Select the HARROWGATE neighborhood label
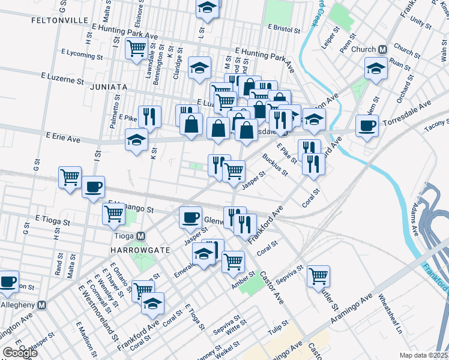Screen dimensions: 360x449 click(x=136, y=249)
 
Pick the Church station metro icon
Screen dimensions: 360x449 click(x=382, y=49)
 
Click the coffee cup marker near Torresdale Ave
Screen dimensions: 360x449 click(x=367, y=126)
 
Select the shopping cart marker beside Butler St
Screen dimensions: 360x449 click(x=318, y=276)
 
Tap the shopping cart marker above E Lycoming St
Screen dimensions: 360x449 click(x=136, y=47)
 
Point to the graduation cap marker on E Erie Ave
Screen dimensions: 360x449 click(x=136, y=140)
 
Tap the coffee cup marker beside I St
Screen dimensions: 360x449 click(x=92, y=187)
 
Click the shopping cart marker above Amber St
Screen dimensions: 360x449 click(x=233, y=261)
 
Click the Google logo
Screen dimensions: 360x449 click(x=20, y=353)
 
